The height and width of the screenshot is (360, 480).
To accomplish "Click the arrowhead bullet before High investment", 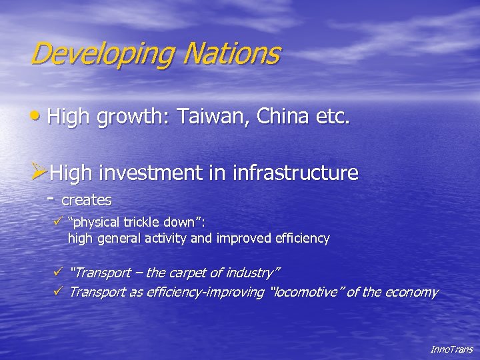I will pyautogui.click(x=39, y=173).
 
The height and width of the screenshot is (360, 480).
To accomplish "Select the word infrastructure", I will pyautogui.click(x=296, y=173).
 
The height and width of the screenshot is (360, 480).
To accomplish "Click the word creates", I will pyautogui.click(x=87, y=200).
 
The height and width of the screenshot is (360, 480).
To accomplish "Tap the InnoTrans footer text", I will pyautogui.click(x=451, y=349).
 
